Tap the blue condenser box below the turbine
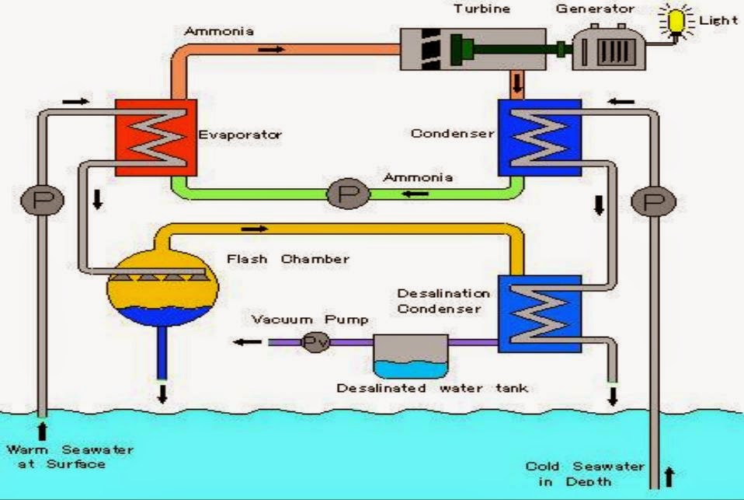(x=538, y=137)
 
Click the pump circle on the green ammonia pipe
(x=342, y=192)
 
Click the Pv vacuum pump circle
(x=315, y=342)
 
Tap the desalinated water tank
(x=410, y=356)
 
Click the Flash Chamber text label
(x=287, y=258)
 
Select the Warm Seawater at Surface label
(x=70, y=456)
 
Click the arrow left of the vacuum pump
(x=248, y=342)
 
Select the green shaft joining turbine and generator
(x=513, y=48)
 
